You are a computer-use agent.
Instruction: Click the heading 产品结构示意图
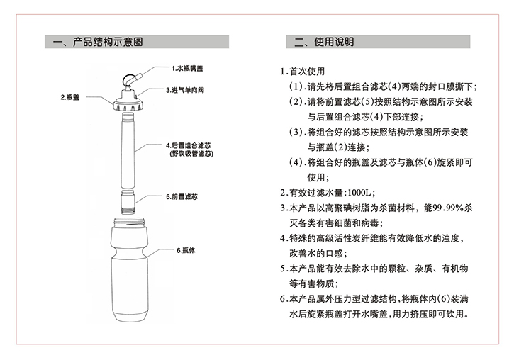[x=104, y=43]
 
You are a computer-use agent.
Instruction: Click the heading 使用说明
[x=333, y=43]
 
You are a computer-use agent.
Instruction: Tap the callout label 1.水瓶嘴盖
[x=186, y=69]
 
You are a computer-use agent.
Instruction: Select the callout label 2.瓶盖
[x=69, y=96]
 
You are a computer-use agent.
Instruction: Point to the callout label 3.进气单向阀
[x=188, y=91]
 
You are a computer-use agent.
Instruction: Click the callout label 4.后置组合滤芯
[x=191, y=145]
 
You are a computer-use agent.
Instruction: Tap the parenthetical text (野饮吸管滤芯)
[x=192, y=153]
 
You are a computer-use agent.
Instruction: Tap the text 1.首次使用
[x=303, y=72]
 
